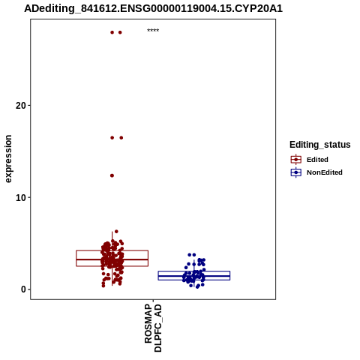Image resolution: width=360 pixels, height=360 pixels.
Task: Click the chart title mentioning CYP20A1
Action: [153, 8]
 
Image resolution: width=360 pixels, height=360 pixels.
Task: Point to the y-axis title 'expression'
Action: [8, 159]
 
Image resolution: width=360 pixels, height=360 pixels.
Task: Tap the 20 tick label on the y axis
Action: [21, 106]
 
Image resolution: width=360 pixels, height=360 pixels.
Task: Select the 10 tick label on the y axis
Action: [21, 198]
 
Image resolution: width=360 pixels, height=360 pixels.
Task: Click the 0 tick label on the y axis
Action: [23, 289]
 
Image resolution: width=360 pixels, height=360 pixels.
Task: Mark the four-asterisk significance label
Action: [153, 31]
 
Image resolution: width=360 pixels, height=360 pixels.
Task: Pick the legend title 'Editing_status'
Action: [320, 145]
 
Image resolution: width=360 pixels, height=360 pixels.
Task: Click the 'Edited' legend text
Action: [317, 160]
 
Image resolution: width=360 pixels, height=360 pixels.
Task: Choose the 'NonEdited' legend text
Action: [325, 172]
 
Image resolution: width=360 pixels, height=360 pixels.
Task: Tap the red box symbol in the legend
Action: [296, 160]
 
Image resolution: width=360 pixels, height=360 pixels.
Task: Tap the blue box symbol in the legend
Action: [296, 172]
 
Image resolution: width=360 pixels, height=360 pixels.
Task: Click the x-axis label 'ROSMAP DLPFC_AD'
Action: [153, 328]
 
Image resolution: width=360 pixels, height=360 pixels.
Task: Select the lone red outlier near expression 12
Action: [112, 175]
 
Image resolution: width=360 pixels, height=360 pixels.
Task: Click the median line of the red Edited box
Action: [112, 259]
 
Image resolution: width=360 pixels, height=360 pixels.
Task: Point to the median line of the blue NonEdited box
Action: [194, 276]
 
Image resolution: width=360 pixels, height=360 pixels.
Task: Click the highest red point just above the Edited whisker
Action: [116, 232]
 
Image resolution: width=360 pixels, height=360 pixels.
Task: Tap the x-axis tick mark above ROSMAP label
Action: [153, 301]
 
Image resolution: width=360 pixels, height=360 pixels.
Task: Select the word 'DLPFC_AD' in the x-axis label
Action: [158, 328]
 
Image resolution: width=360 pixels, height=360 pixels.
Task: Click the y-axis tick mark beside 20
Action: [29, 106]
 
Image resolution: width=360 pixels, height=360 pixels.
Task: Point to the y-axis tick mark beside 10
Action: [29, 197]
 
